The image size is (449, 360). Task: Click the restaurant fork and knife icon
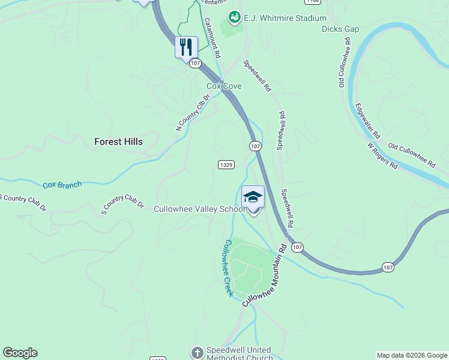[186, 47]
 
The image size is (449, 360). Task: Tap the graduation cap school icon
[253, 197]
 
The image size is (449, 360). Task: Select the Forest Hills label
[119, 142]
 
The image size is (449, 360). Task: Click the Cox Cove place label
[224, 86]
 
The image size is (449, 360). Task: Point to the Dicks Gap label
[340, 29]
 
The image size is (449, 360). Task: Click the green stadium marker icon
[235, 18]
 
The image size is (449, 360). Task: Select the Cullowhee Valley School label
[199, 209]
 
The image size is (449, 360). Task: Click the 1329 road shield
[226, 164]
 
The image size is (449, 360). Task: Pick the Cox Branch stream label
[62, 185]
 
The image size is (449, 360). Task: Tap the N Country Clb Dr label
[193, 112]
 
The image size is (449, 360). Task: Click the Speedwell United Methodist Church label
[238, 354]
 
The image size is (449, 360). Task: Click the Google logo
[20, 353]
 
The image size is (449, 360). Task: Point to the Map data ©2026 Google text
[412, 355]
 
